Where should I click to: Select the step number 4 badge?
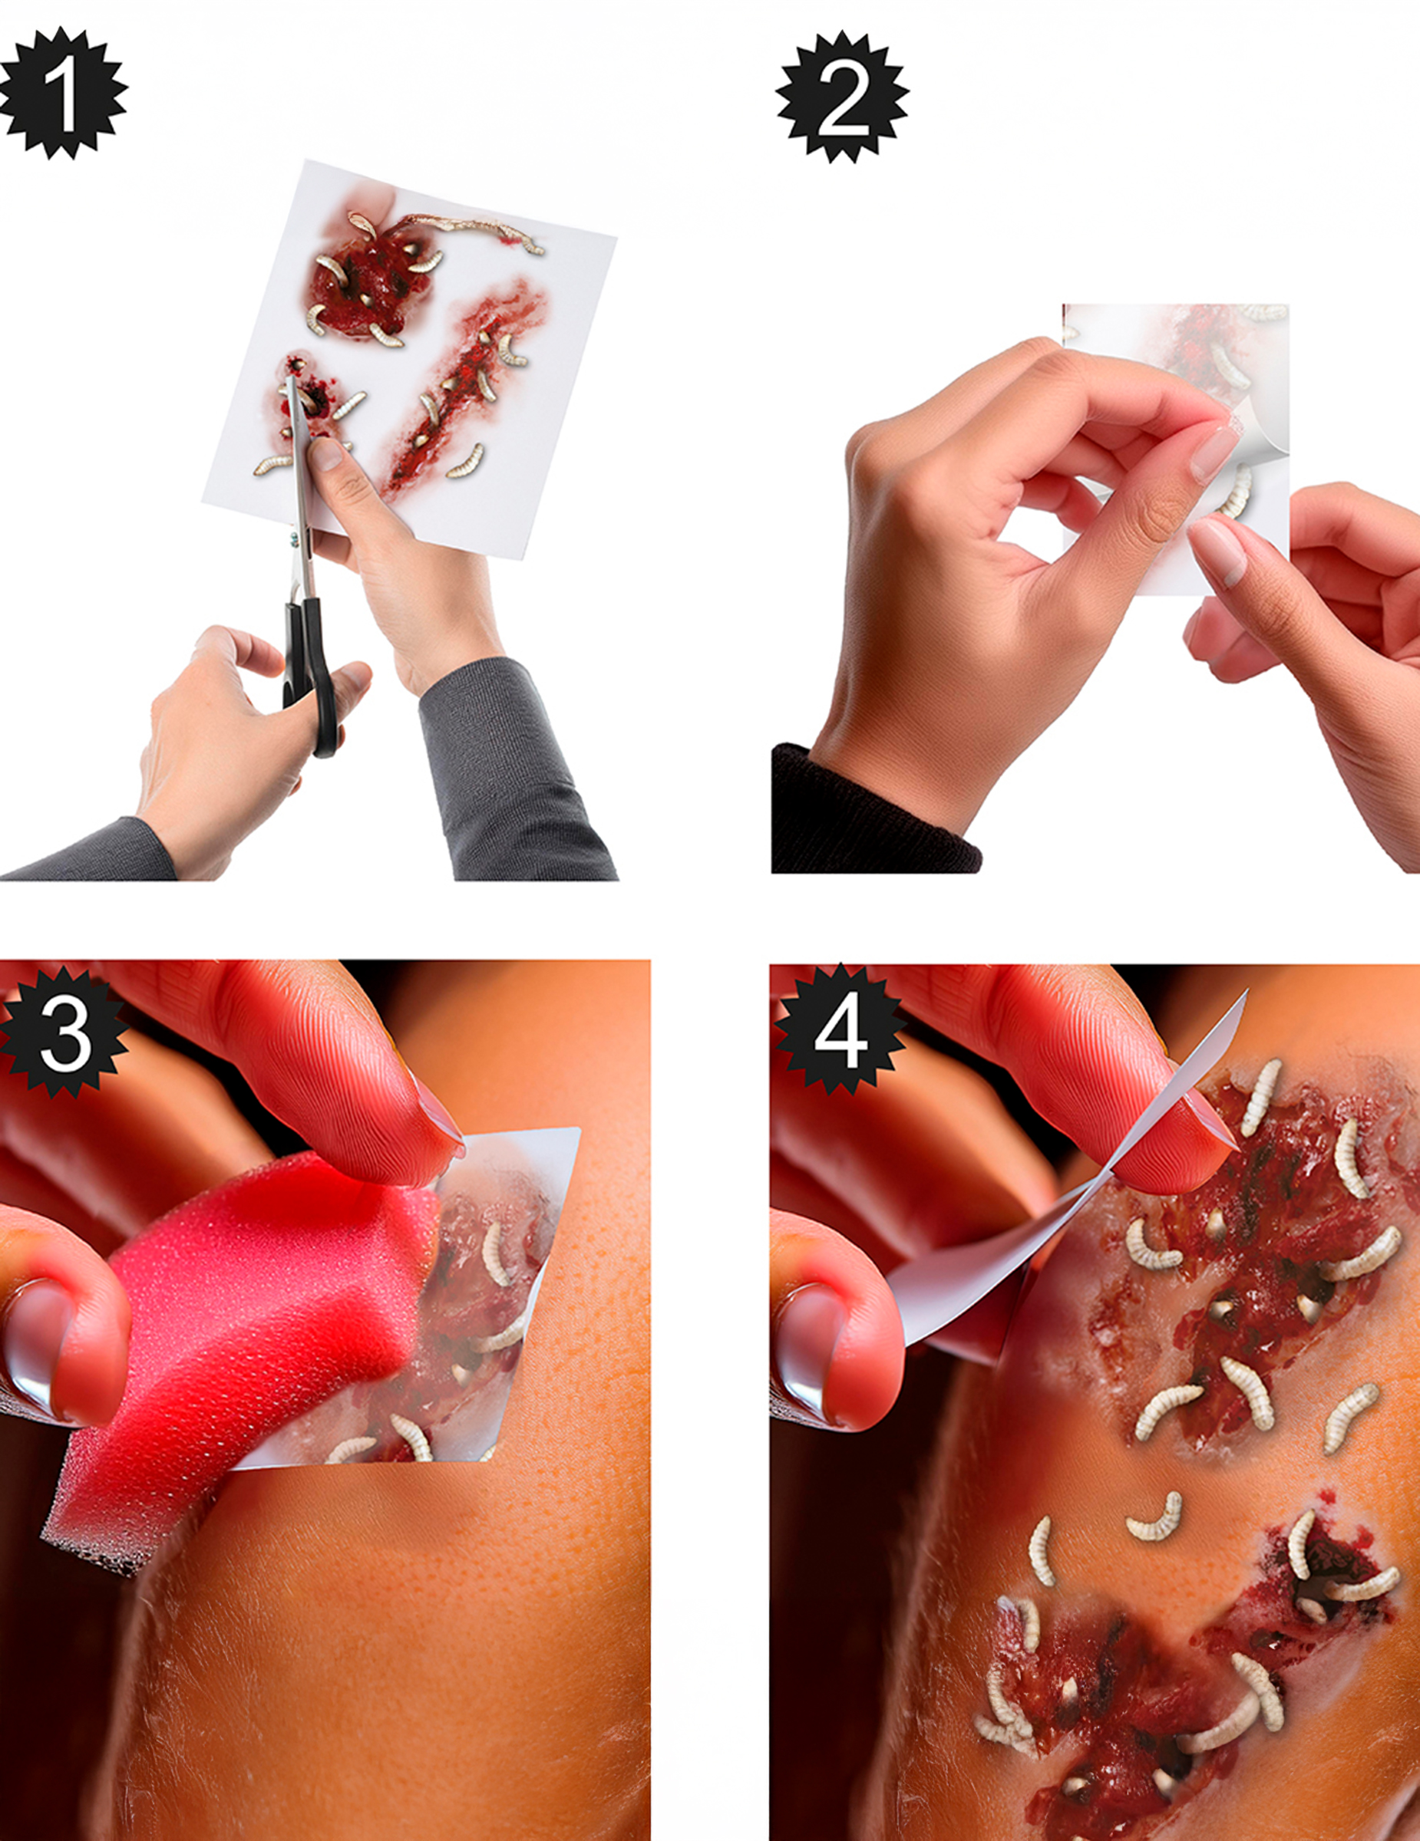[x=840, y=1032]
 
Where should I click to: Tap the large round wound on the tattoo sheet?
[x=369, y=278]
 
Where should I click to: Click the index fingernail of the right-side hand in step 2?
[x=1218, y=552]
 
